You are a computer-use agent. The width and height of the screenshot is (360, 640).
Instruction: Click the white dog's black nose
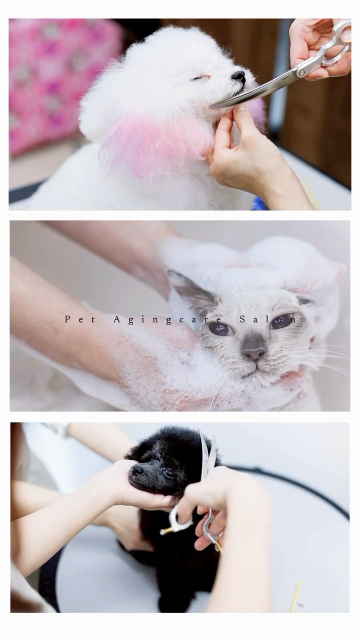pyautogui.click(x=238, y=76)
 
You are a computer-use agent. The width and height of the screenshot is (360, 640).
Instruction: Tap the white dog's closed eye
pyautogui.click(x=201, y=77)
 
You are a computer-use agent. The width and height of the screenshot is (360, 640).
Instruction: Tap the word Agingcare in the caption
pyautogui.click(x=167, y=319)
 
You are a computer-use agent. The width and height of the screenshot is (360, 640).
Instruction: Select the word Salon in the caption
pyautogui.click(x=267, y=319)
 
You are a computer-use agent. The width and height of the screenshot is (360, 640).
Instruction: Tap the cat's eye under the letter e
pyautogui.click(x=219, y=328)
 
